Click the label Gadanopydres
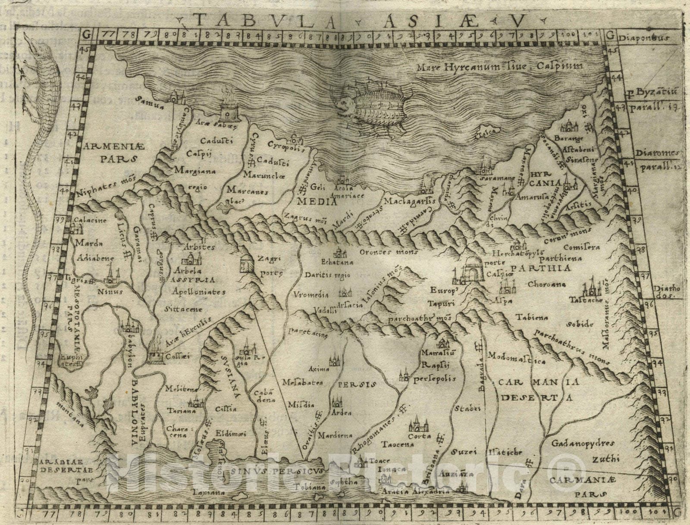pos(583,443)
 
